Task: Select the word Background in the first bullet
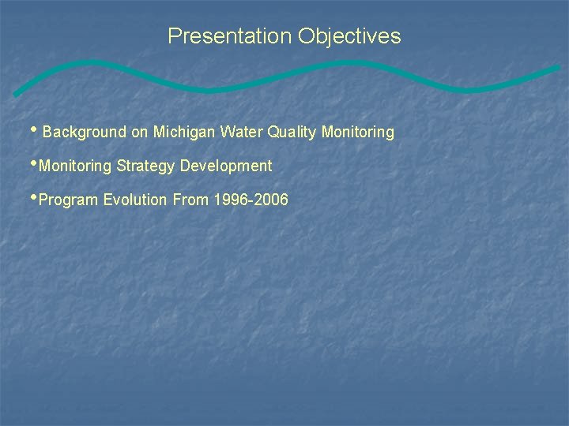pos(85,133)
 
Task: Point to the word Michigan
pos(183,133)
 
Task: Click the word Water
pos(242,133)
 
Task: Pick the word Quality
pos(292,133)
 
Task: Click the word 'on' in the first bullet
pos(139,133)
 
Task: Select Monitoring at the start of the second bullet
pos(75,166)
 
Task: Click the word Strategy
pos(146,166)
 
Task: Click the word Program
pos(69,200)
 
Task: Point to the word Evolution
pos(136,200)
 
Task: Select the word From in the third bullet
pos(190,200)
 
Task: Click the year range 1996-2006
pos(251,200)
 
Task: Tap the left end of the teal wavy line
pos(16,94)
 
